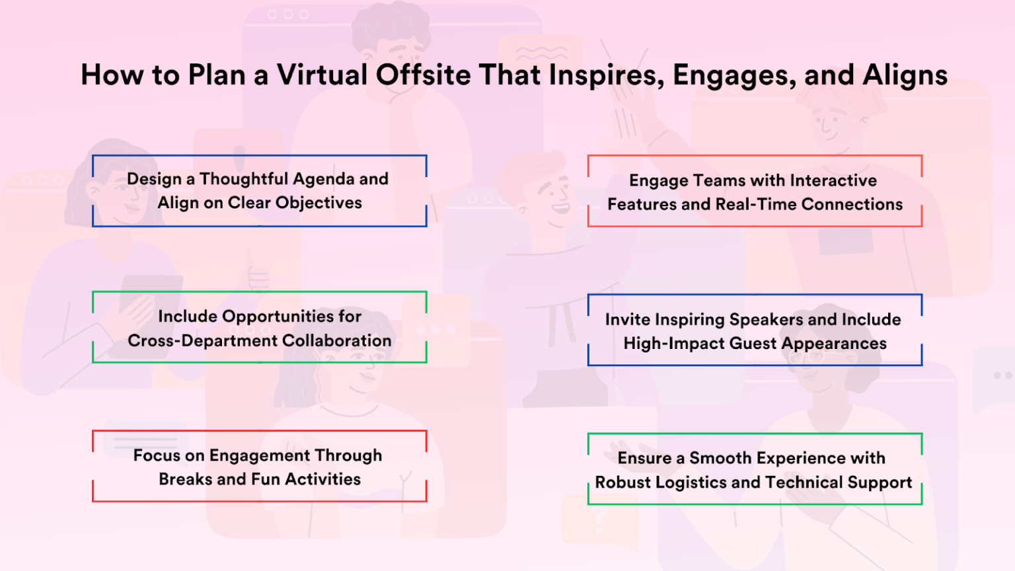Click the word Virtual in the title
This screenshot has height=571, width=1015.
point(322,75)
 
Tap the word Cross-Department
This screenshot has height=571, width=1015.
point(202,341)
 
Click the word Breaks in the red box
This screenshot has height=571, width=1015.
point(185,479)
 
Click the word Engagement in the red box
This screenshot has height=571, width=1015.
point(260,456)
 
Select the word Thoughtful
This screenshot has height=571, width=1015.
point(244,179)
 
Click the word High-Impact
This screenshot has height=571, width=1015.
point(667,344)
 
